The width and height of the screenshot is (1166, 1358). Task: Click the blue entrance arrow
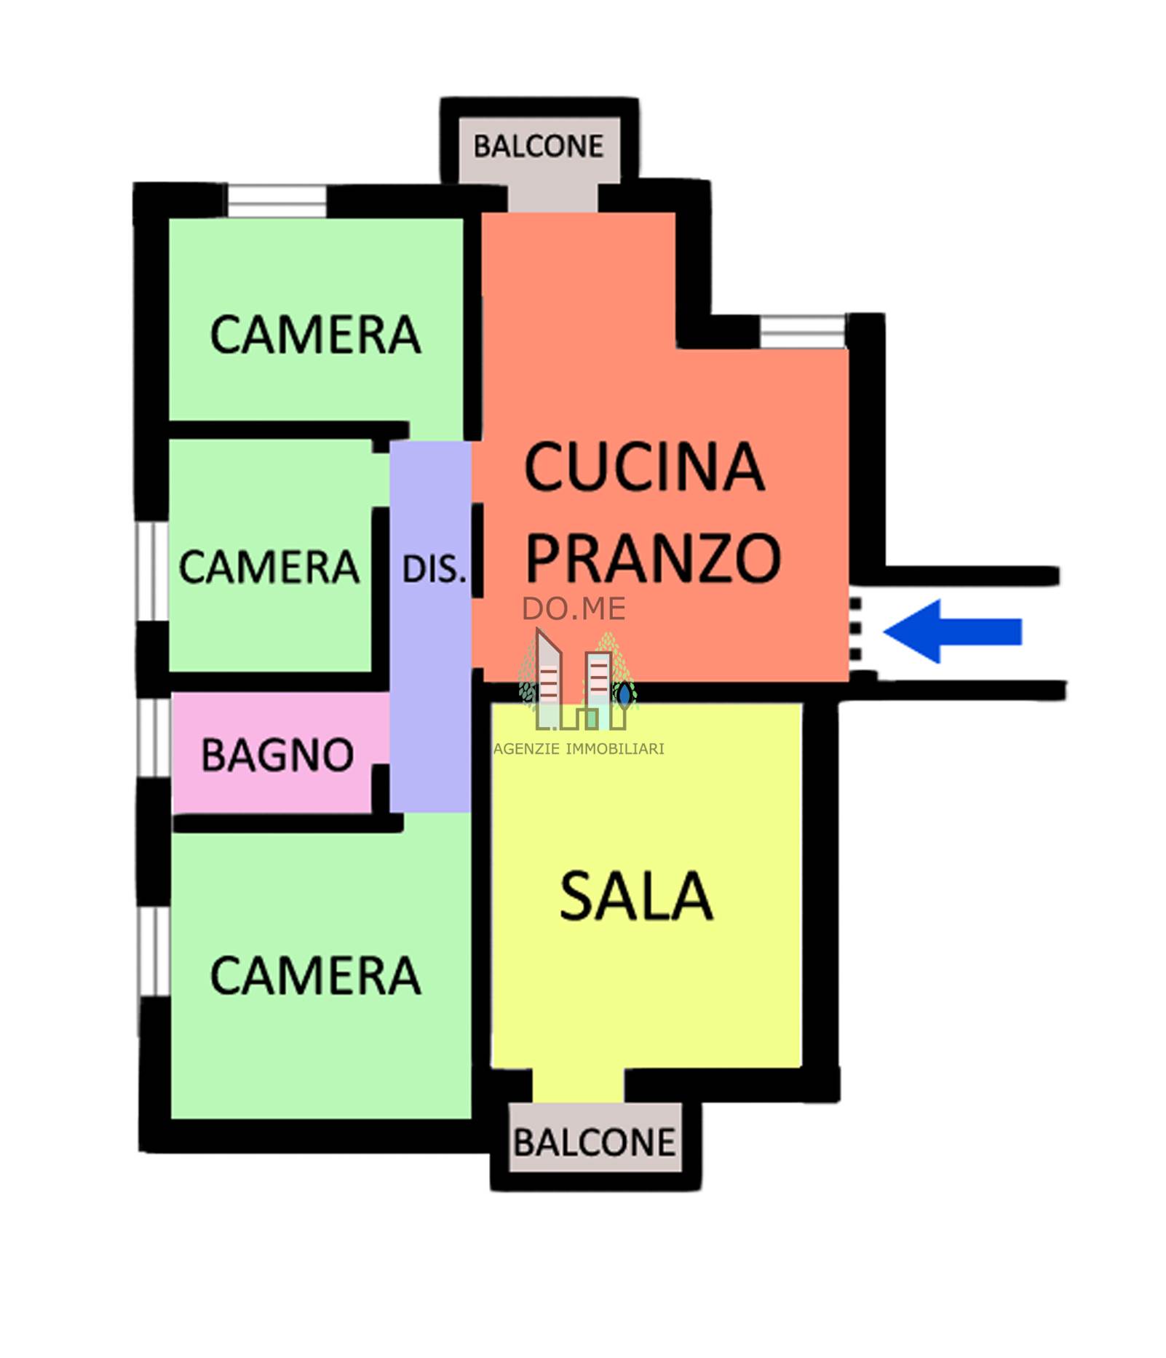(952, 631)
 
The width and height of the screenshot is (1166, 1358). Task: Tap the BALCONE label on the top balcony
(538, 146)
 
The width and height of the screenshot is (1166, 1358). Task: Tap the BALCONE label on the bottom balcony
(594, 1142)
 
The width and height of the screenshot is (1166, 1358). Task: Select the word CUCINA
(644, 467)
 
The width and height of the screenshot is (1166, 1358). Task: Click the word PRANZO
(653, 557)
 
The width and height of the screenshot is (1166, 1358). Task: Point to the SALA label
(635, 896)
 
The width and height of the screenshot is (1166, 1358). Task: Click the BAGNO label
(277, 755)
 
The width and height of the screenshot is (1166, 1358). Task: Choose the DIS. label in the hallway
(434, 569)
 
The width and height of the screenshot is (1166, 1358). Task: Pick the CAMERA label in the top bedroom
(315, 335)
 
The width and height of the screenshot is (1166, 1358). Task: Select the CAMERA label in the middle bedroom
(269, 567)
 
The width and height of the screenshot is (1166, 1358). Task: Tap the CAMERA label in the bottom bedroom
(315, 976)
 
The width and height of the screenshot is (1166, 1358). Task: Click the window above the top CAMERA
(277, 200)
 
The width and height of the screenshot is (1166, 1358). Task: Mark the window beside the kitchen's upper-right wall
(803, 331)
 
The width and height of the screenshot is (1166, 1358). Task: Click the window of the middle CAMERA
(153, 571)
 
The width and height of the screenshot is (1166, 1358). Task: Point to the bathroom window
(155, 737)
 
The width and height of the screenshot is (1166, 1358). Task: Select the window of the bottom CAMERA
(154, 952)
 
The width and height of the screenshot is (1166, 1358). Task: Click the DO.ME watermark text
(574, 609)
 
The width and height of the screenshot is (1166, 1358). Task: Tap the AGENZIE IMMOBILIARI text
(579, 748)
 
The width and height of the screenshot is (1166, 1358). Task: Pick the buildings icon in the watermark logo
(579, 680)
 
